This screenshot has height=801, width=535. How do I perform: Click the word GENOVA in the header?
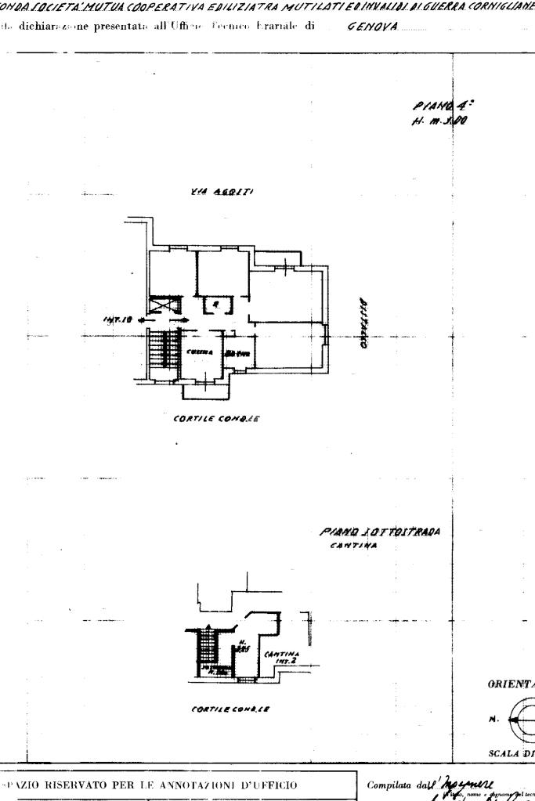[372, 27]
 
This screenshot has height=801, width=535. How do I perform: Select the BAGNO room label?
[238, 354]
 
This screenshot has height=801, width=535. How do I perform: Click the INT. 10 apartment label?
[114, 319]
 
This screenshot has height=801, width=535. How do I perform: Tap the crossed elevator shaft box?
[165, 305]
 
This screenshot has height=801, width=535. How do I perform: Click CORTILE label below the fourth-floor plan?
[216, 418]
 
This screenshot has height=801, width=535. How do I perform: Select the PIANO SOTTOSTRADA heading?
[380, 532]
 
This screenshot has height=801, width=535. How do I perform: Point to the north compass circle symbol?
[523, 718]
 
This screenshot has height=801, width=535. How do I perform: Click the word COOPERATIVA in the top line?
[168, 6]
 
